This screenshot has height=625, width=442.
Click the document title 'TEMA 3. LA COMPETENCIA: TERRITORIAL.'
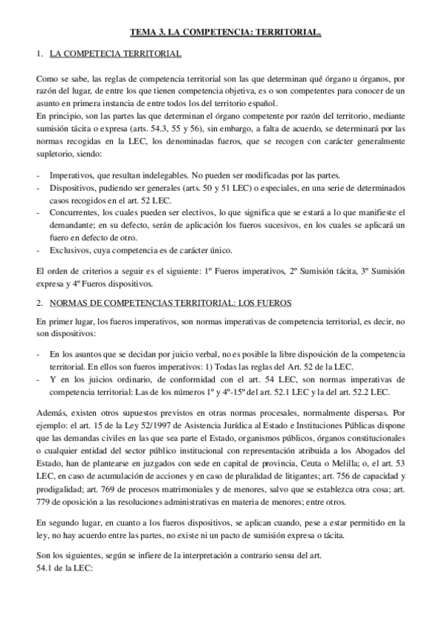(226, 33)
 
